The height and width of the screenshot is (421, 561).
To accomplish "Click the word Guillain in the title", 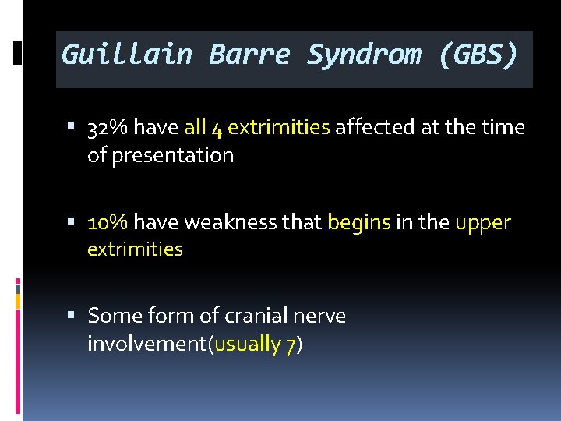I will pyautogui.click(x=127, y=55).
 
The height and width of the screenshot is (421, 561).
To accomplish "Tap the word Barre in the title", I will pyautogui.click(x=249, y=55).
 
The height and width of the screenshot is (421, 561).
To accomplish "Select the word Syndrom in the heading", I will pyautogui.click(x=365, y=55).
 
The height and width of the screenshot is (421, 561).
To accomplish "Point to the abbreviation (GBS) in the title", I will pyautogui.click(x=477, y=55).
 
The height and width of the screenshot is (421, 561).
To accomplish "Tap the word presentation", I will pyautogui.click(x=172, y=155).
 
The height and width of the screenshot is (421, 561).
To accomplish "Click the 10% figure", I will pyautogui.click(x=108, y=222).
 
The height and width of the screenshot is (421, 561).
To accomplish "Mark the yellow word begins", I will pyautogui.click(x=358, y=223).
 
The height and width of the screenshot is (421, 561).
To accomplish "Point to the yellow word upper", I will pyautogui.click(x=483, y=224).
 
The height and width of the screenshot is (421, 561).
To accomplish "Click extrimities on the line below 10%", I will pyautogui.click(x=135, y=249).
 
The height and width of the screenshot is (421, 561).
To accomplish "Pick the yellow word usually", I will pyautogui.click(x=248, y=344).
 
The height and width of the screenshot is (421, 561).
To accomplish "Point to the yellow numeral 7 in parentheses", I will pyautogui.click(x=290, y=345).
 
